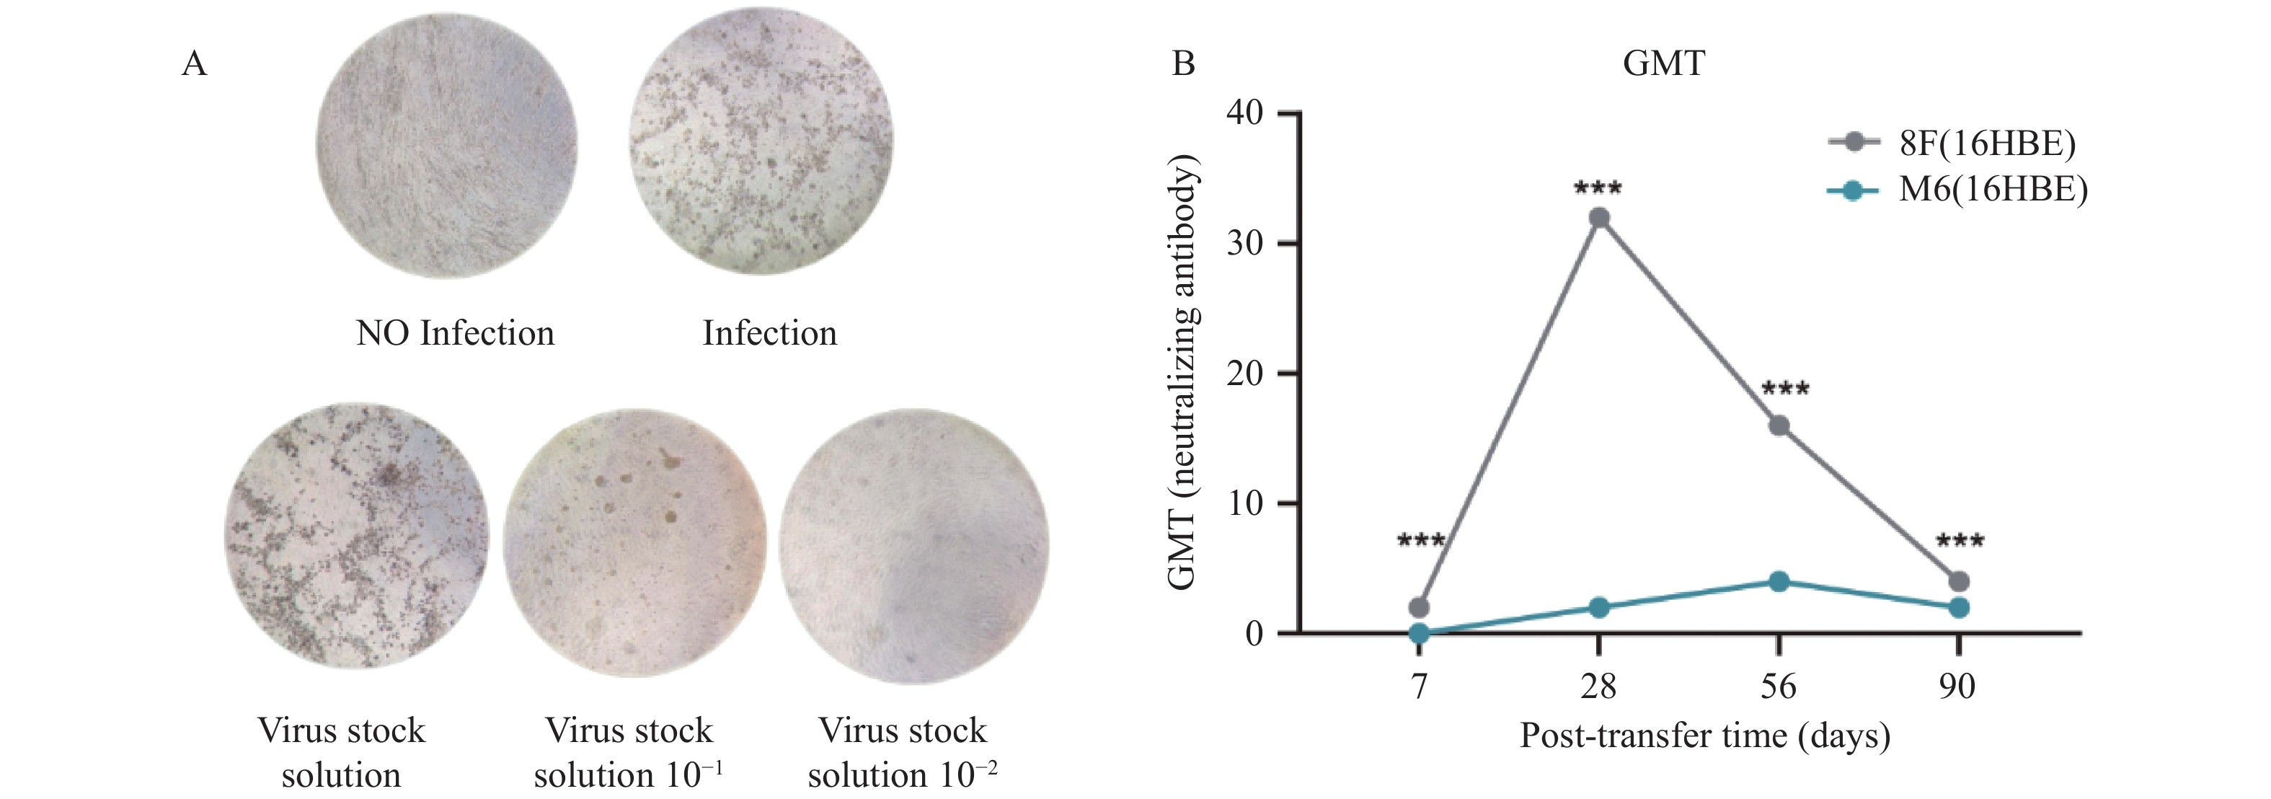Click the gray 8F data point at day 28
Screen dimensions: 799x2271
click(x=1598, y=218)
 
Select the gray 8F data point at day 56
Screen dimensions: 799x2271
click(x=1779, y=426)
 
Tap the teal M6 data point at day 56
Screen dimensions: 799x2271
click(x=1779, y=581)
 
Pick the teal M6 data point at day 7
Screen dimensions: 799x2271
click(x=1420, y=633)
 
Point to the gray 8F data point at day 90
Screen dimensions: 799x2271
click(x=1959, y=581)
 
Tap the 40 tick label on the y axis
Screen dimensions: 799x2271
click(x=1245, y=113)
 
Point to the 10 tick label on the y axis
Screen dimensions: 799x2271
click(x=1245, y=503)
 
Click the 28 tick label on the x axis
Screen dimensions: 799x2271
click(x=1598, y=686)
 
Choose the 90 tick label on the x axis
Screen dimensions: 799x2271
click(x=1957, y=686)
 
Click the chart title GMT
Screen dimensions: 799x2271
click(x=1663, y=63)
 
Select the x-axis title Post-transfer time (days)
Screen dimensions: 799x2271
click(x=1705, y=736)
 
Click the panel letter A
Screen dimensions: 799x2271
click(x=194, y=63)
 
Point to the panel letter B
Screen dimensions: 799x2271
click(x=1183, y=63)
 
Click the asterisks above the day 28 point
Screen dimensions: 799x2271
click(x=1598, y=187)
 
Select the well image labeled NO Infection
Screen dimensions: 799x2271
click(x=446, y=146)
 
